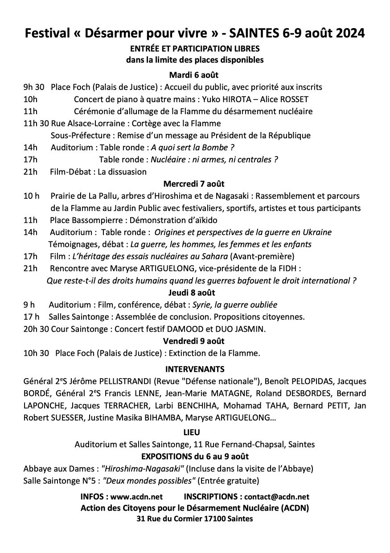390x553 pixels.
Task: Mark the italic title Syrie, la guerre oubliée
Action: pyautogui.click(x=234, y=305)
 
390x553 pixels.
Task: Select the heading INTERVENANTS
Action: pyautogui.click(x=195, y=369)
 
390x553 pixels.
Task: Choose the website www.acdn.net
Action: pyautogui.click(x=136, y=496)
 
